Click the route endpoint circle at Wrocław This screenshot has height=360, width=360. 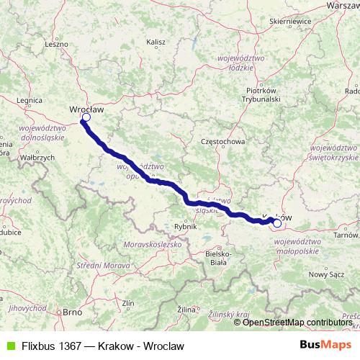[86, 117]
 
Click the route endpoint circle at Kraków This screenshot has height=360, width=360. [277, 223]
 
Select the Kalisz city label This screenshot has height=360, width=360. [156, 43]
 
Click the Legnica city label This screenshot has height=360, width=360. [30, 102]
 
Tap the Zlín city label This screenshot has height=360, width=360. [129, 303]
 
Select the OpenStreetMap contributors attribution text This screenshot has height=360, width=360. [297, 322]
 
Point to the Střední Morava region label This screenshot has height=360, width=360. [100, 267]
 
